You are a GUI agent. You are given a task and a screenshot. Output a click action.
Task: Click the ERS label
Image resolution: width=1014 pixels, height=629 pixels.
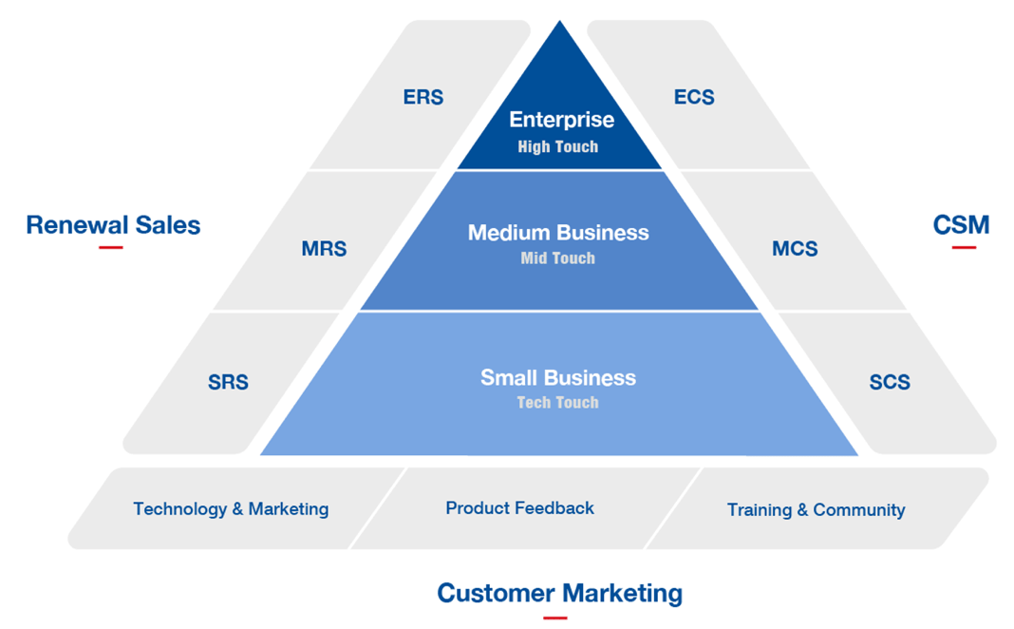click(x=422, y=97)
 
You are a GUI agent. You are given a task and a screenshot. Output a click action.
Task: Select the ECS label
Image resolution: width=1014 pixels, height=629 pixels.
click(x=694, y=97)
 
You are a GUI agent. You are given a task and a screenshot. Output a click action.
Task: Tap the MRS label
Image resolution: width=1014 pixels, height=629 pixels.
click(x=324, y=249)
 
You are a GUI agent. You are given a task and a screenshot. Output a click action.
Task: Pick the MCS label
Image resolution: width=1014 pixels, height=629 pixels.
click(x=795, y=249)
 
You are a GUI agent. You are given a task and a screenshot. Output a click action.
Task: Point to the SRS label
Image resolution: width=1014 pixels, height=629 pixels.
click(x=228, y=382)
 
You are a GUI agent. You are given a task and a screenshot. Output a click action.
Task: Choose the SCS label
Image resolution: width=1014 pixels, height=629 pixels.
click(x=890, y=382)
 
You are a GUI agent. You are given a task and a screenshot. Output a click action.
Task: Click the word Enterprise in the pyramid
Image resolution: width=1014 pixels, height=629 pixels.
click(x=561, y=120)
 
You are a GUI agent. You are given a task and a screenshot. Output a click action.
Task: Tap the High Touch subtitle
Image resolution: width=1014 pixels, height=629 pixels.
click(x=558, y=147)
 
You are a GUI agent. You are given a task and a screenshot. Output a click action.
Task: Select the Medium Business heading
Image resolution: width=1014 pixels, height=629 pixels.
click(x=558, y=233)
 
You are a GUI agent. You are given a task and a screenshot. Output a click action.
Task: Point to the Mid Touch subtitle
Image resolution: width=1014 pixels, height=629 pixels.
click(x=558, y=258)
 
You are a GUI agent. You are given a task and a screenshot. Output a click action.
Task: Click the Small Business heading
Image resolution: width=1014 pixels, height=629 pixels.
click(x=558, y=377)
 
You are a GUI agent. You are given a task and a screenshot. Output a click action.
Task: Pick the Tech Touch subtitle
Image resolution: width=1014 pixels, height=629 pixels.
click(x=558, y=403)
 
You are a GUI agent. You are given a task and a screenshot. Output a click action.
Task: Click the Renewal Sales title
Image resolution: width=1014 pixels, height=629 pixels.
click(x=113, y=225)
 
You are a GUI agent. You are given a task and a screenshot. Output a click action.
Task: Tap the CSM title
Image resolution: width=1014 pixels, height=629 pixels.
click(x=961, y=225)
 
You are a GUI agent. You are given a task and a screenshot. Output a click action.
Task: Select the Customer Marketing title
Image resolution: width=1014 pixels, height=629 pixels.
click(x=559, y=594)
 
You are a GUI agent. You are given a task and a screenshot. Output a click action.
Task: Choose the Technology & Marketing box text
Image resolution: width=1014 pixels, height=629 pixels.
click(x=231, y=509)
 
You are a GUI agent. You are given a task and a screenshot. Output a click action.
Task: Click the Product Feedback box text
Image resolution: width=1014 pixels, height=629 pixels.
click(x=520, y=508)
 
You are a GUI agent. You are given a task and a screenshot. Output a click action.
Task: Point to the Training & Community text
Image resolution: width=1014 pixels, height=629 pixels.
click(x=816, y=510)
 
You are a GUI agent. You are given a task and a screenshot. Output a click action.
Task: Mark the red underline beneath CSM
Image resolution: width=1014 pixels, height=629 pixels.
click(x=964, y=247)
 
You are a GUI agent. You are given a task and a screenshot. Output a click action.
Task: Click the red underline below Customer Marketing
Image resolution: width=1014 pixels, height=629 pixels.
click(x=555, y=618)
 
